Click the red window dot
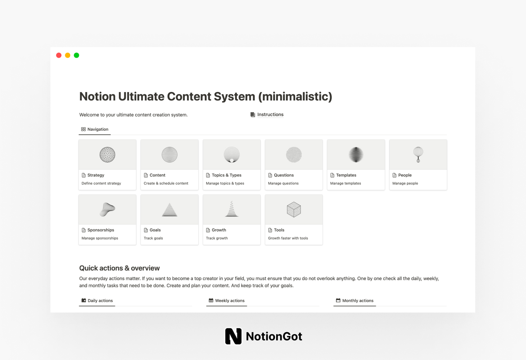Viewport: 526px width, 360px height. point(59,55)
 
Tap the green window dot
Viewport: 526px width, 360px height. point(76,55)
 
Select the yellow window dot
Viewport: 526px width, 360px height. point(68,55)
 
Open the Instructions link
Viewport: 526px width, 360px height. point(270,115)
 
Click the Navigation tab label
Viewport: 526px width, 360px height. point(98,129)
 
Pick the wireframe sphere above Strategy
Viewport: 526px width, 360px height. point(107,154)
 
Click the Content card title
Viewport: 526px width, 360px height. point(157,175)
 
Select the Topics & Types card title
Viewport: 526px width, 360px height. point(226,175)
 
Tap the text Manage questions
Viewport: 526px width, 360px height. point(283,183)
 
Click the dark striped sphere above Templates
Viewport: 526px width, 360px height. point(356,154)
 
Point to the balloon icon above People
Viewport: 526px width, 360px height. point(418,154)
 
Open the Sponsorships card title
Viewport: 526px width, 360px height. point(101,230)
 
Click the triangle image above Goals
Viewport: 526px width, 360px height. point(169,210)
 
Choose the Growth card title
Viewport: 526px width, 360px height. point(219,230)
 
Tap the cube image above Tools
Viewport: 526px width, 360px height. point(294,210)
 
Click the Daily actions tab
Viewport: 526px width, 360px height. point(100,300)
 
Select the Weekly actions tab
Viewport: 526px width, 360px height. point(229,300)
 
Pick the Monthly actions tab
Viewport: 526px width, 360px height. point(358,300)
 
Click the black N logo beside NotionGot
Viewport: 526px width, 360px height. point(233,336)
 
